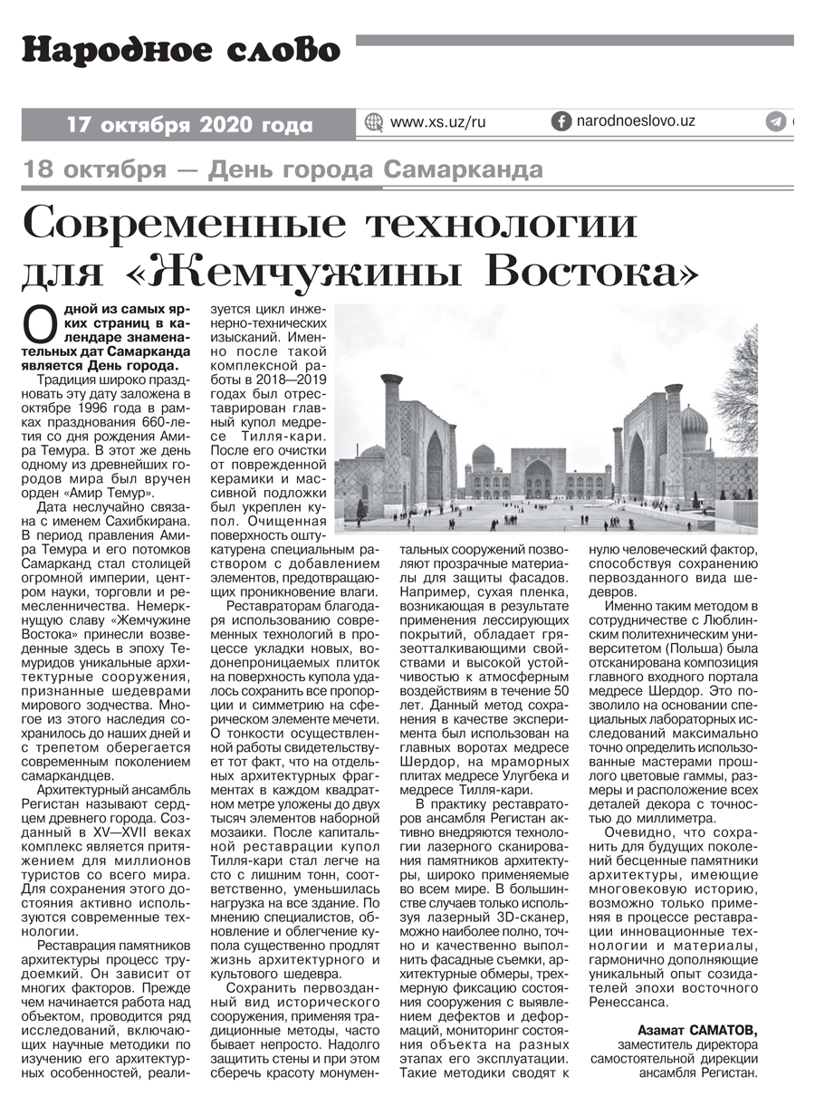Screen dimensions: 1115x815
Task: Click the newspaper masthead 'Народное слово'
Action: click(x=181, y=51)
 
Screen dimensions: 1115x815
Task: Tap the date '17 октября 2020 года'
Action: click(x=189, y=125)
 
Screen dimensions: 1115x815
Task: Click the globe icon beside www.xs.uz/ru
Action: click(x=373, y=122)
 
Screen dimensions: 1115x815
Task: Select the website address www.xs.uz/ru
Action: click(x=437, y=122)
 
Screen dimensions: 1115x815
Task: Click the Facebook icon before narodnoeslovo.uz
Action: click(x=561, y=121)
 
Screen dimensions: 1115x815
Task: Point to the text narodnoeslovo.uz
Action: click(x=635, y=121)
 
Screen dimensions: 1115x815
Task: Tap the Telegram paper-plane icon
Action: click(x=775, y=122)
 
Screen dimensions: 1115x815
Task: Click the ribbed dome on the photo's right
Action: click(x=695, y=423)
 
